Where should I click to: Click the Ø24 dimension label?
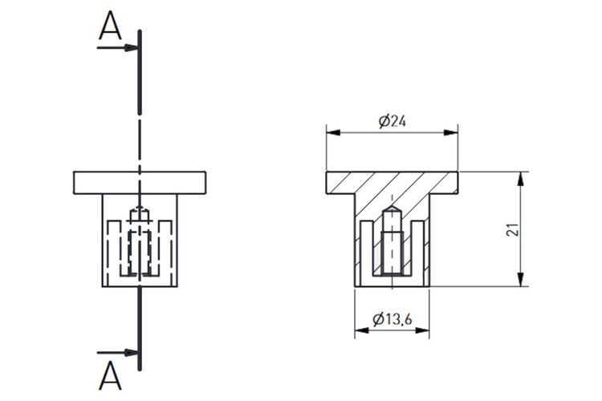click(x=392, y=121)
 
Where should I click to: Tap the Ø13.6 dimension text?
click(x=392, y=319)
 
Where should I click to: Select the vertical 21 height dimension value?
click(x=513, y=229)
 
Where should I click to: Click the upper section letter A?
click(x=110, y=26)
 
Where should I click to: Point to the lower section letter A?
click(x=110, y=375)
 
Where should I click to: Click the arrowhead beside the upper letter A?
click(x=131, y=47)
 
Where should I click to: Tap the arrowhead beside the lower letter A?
click(x=131, y=353)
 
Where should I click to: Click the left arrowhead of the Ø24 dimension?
click(x=333, y=132)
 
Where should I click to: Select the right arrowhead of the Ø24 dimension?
click(x=451, y=132)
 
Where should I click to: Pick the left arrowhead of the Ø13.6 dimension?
click(x=362, y=330)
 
